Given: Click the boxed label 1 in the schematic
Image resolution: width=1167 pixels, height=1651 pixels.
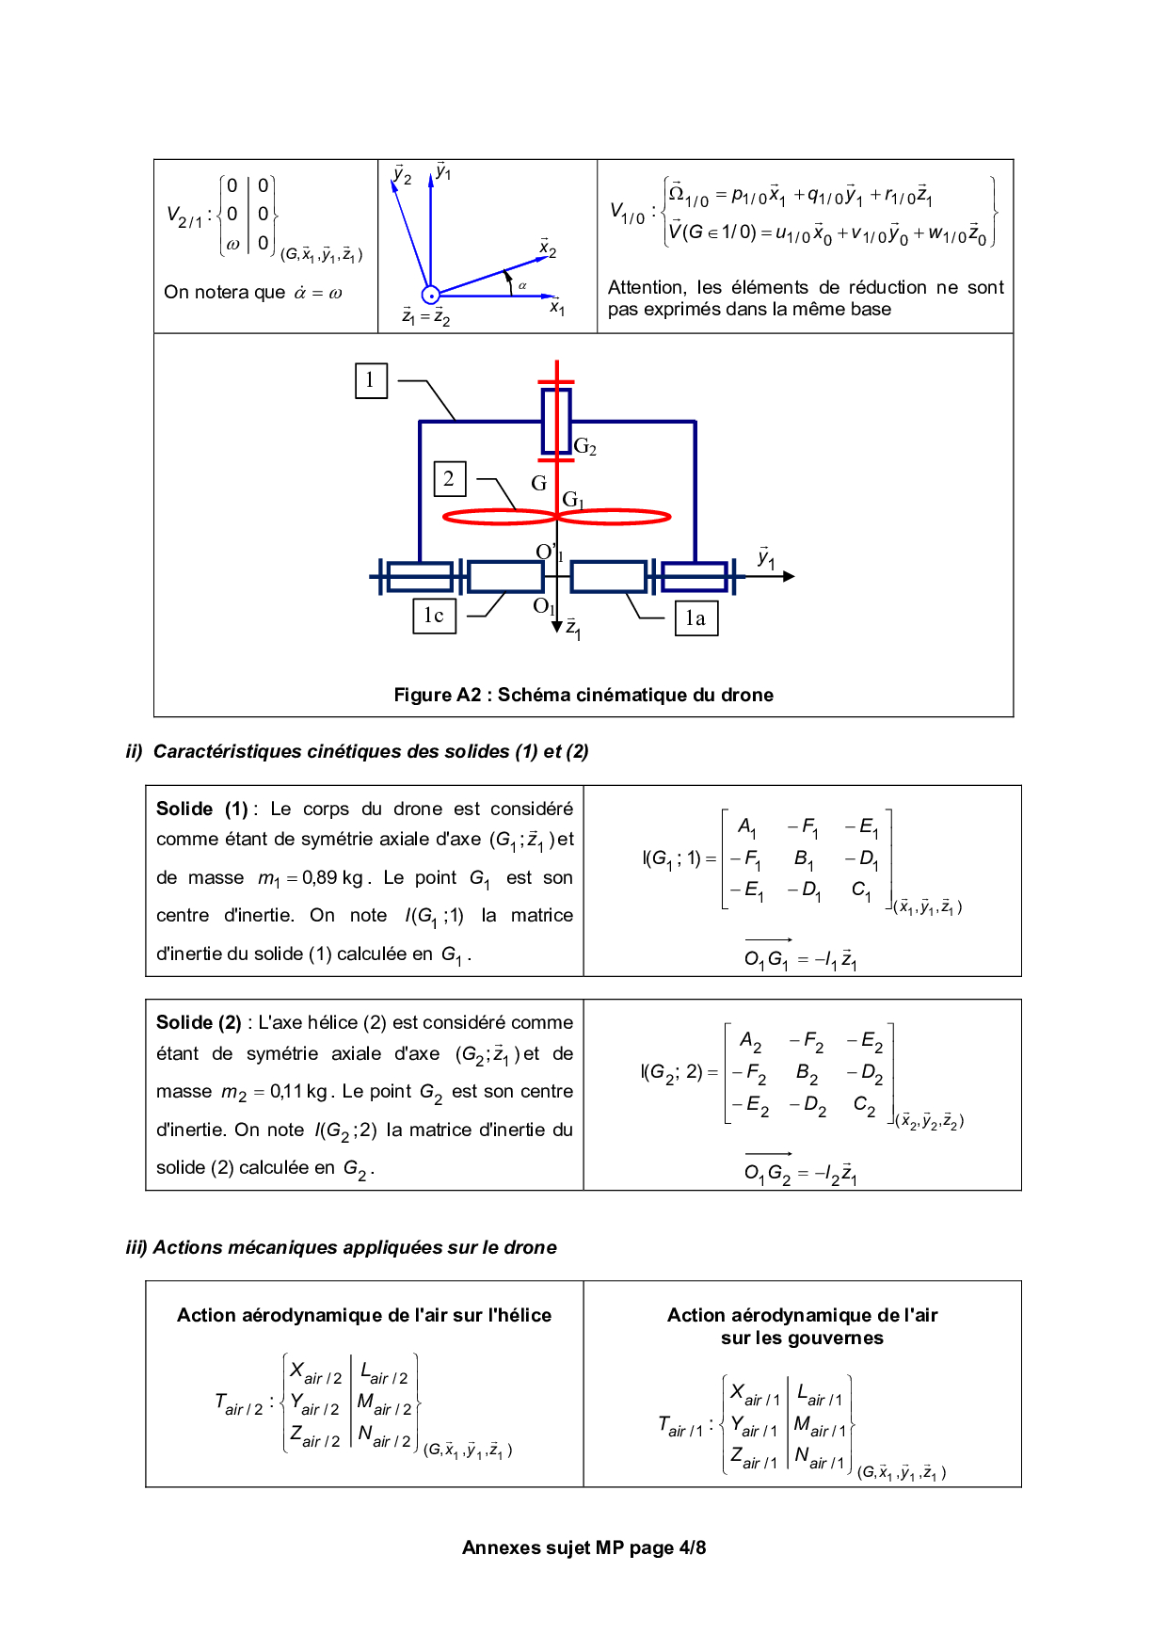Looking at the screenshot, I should (371, 380).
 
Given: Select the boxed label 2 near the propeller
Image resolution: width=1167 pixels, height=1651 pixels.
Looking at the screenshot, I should (449, 479).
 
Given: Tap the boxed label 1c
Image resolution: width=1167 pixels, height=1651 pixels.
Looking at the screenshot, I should (434, 616).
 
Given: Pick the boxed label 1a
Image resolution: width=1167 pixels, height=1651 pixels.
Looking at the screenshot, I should (695, 618).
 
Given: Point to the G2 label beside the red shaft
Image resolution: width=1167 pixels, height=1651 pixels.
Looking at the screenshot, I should (585, 447).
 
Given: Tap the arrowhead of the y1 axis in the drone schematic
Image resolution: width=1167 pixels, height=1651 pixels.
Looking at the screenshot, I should (789, 576).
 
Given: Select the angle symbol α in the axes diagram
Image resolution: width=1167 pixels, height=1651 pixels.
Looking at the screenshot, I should (522, 285).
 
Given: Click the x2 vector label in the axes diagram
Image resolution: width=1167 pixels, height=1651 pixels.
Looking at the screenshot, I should (548, 249).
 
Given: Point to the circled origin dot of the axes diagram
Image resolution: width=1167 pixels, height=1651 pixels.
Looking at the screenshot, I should (431, 296).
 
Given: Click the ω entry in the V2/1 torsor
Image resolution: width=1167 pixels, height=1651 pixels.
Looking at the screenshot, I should (232, 244).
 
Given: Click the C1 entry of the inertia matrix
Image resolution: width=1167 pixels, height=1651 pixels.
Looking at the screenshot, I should (861, 890).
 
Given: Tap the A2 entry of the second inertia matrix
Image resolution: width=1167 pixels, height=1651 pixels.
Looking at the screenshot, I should (750, 1041).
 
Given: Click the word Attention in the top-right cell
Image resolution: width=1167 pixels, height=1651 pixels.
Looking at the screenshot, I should (647, 287).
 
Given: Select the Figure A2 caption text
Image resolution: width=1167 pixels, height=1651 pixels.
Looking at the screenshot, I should (583, 695).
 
